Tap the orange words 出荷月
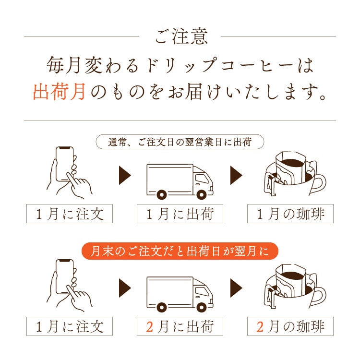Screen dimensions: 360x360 pos(60,91)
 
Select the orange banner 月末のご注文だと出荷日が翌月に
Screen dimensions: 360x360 pos(180,251)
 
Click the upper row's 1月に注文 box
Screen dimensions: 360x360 pos(69,214)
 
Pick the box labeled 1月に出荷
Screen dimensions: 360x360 pos(180,214)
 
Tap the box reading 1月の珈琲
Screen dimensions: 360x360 pos(290,214)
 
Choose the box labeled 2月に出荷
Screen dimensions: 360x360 pos(180,326)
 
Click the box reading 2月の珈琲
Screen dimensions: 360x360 pos(290,326)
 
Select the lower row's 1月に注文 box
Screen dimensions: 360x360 pos(69,326)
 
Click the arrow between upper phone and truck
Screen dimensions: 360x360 pos(125,176)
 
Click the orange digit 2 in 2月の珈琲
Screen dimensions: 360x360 pos(261,326)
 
